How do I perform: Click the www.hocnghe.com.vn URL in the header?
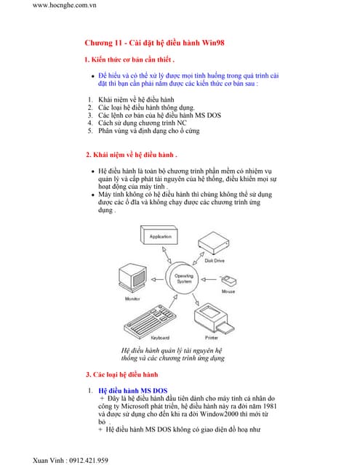click(x=65, y=6)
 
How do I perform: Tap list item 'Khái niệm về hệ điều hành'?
click(x=136, y=99)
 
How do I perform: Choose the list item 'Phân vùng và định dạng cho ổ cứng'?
click(x=150, y=131)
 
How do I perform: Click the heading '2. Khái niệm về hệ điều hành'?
click(x=132, y=155)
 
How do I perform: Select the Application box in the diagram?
click(x=159, y=237)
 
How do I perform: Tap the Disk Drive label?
click(x=215, y=259)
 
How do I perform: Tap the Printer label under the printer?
click(x=212, y=338)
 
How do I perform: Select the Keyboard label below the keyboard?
click(x=160, y=338)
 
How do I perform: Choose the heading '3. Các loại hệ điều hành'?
click(x=121, y=374)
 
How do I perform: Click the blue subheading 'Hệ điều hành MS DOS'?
click(x=132, y=391)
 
